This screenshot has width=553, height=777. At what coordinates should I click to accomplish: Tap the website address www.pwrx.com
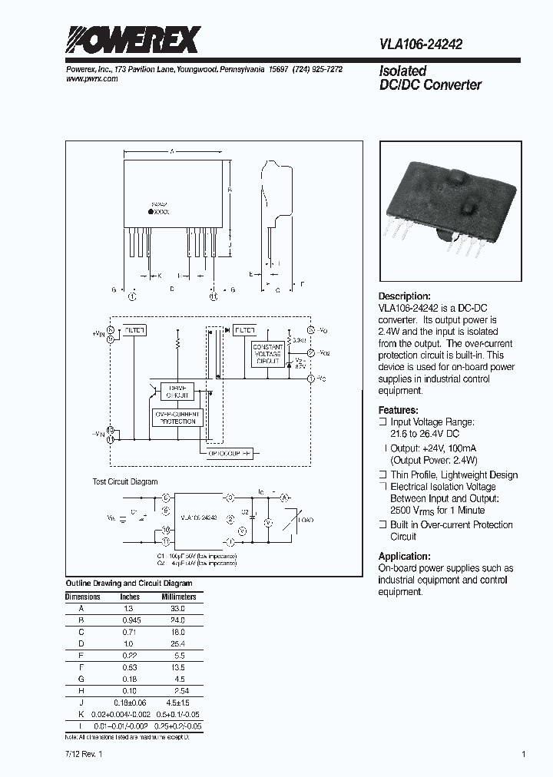[89, 79]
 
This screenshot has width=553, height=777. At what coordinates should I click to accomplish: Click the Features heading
[399, 410]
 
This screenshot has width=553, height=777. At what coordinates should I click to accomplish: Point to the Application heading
[403, 557]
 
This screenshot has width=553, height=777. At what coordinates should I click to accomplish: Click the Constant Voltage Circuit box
[268, 352]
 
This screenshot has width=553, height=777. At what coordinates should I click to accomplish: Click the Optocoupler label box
[231, 453]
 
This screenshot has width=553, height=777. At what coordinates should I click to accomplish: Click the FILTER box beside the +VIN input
[134, 330]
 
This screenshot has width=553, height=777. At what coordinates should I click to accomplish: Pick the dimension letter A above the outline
[173, 152]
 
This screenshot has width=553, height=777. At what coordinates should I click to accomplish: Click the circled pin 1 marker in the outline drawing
[132, 295]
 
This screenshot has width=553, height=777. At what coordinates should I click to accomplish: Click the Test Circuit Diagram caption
[125, 481]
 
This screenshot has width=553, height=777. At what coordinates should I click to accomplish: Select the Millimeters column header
[178, 597]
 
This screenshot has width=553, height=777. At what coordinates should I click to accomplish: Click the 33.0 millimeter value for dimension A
[177, 608]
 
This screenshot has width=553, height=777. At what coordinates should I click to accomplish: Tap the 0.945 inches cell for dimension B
[130, 619]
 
